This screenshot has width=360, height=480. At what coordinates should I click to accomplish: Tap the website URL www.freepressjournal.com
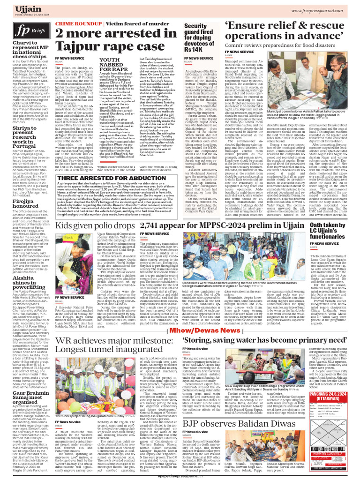(x=321, y=10)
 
